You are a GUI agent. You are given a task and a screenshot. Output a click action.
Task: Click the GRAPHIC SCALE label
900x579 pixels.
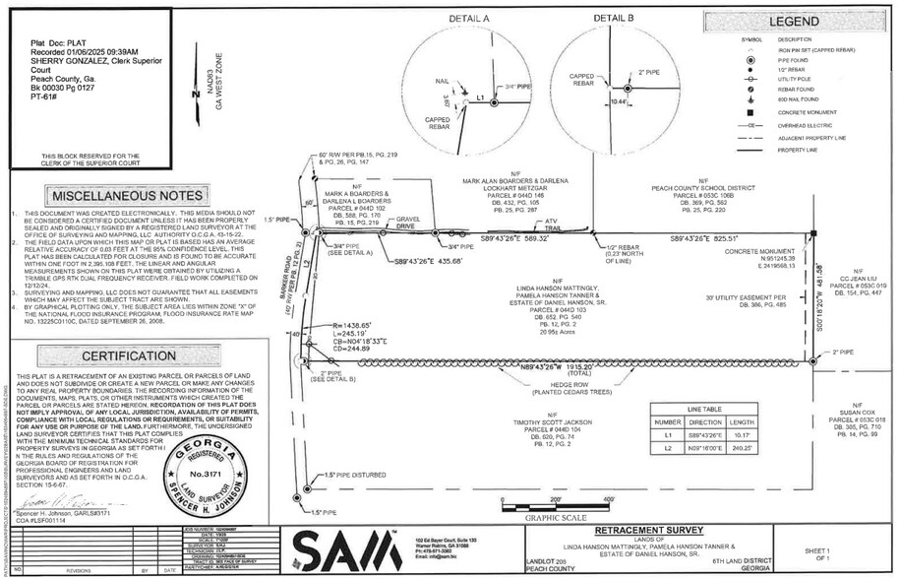coord(555,516)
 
